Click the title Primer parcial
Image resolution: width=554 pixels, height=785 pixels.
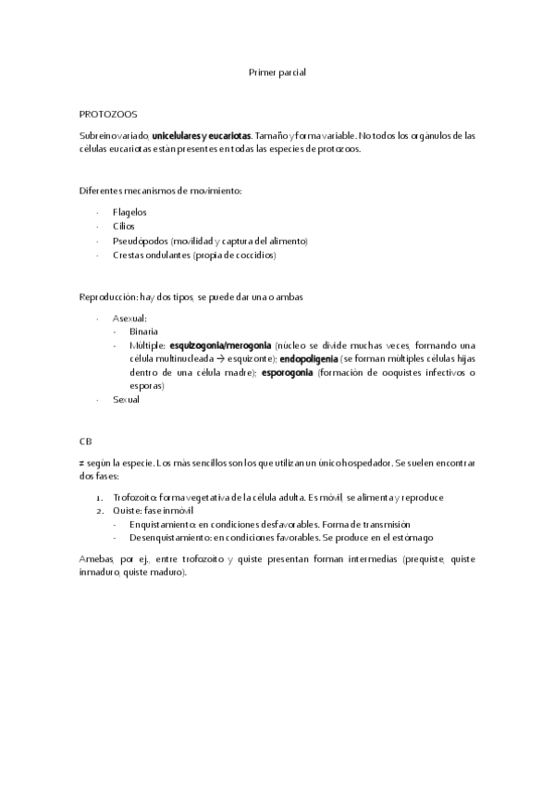point(277,72)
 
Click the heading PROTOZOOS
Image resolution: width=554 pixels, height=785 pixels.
point(107,115)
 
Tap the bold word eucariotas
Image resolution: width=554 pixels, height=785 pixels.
point(228,135)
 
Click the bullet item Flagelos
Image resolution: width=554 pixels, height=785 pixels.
point(129,212)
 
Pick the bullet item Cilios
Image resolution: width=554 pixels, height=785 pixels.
point(123,226)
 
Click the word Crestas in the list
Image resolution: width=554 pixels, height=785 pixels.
point(129,255)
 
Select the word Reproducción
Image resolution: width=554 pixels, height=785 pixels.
point(107,297)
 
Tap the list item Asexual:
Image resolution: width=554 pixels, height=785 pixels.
point(129,318)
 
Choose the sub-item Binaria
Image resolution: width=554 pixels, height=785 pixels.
point(143,330)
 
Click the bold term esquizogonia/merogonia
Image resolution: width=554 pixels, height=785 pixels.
point(220,344)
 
